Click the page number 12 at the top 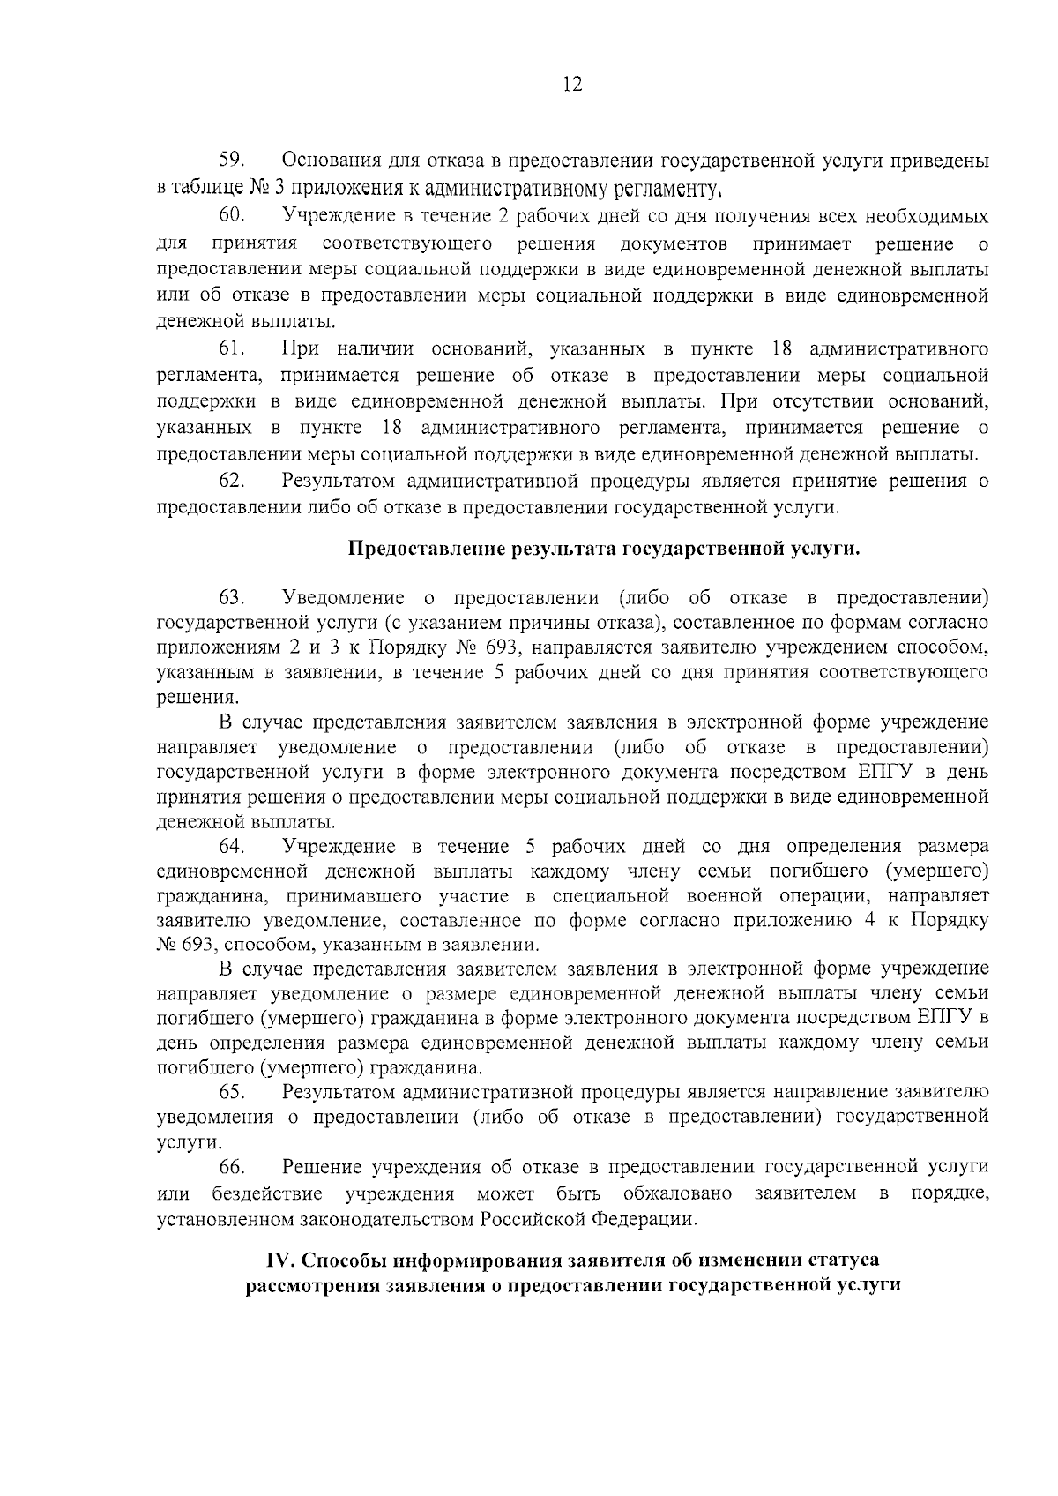click(571, 85)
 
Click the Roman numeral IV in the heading click(280, 1260)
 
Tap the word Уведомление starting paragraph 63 click(343, 597)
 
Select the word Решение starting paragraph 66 click(322, 1167)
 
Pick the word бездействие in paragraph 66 click(267, 1194)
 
